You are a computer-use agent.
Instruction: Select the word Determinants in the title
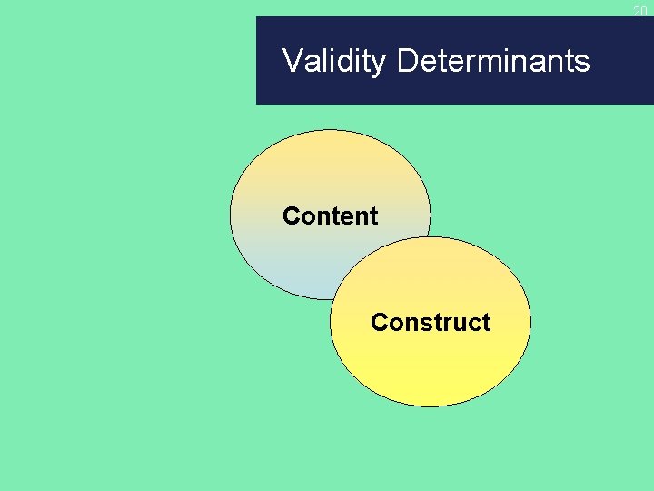pyautogui.click(x=493, y=61)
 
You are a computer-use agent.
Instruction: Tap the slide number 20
pyautogui.click(x=640, y=10)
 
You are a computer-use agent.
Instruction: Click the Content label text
pyautogui.click(x=330, y=216)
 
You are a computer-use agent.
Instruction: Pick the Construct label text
pyautogui.click(x=430, y=323)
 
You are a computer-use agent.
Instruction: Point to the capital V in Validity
pyautogui.click(x=292, y=61)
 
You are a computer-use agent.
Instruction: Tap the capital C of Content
pyautogui.click(x=291, y=216)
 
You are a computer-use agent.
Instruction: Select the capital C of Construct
pyautogui.click(x=379, y=323)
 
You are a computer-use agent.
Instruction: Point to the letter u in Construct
pyautogui.click(x=459, y=324)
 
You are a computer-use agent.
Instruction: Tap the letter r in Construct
pyautogui.click(x=448, y=324)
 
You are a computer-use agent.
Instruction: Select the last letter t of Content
pyautogui.click(x=373, y=216)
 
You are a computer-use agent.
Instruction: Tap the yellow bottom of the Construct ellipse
pyautogui.click(x=430, y=386)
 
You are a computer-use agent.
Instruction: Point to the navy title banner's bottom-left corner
pyautogui.click(x=258, y=103)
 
